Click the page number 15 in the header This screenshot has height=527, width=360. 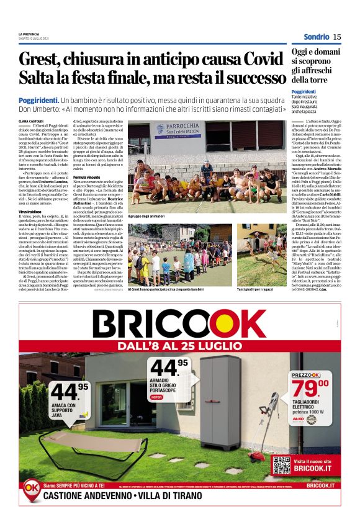336,37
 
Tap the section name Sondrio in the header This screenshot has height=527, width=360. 316,37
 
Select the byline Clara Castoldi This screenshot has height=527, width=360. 30,121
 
